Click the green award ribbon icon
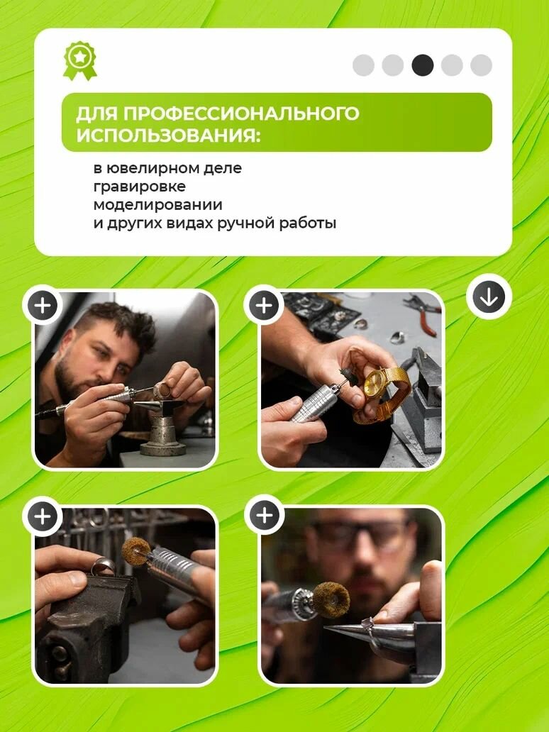click(x=80, y=61)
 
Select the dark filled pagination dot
click(x=423, y=65)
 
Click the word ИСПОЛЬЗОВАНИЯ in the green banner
click(x=169, y=136)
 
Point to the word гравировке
click(x=139, y=187)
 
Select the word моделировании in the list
click(x=157, y=204)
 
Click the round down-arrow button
click(x=489, y=297)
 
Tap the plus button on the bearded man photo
click(x=43, y=306)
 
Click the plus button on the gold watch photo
click(x=264, y=306)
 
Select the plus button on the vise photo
click(x=43, y=516)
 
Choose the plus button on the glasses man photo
click(x=265, y=516)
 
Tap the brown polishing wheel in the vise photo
click(x=136, y=550)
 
